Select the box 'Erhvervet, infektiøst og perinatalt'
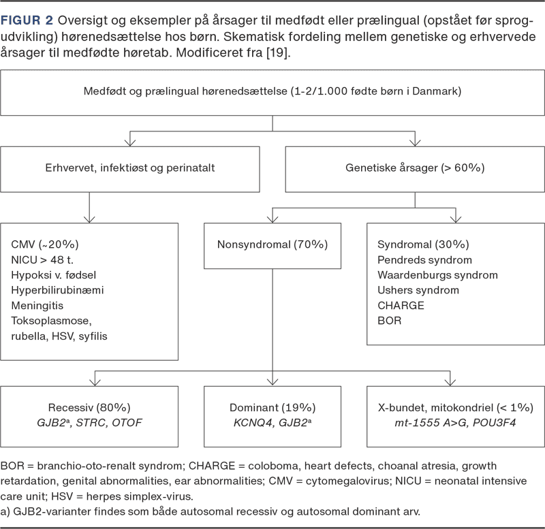tap(136, 167)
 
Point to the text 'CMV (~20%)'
tap(39, 244)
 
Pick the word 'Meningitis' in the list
tap(37, 306)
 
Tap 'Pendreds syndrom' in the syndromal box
tap(424, 259)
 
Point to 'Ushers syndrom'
tap(418, 290)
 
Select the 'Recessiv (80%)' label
tap(89, 408)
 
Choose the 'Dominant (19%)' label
tap(272, 408)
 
